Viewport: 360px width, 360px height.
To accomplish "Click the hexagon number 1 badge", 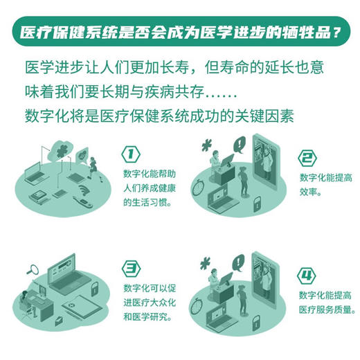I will click(x=130, y=154).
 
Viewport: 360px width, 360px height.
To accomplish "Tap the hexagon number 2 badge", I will click(x=307, y=158).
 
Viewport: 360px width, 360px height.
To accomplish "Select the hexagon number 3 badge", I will click(x=130, y=268).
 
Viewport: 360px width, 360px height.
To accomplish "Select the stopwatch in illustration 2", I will click(x=198, y=187).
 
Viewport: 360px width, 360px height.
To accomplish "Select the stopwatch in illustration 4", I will click(x=198, y=302).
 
